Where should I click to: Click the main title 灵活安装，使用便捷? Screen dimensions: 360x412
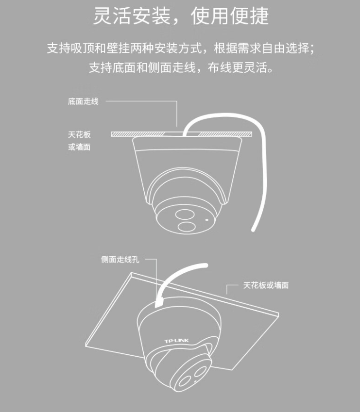(x=181, y=16)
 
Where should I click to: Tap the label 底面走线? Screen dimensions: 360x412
(x=83, y=101)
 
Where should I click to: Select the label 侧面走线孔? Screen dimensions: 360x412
(x=120, y=260)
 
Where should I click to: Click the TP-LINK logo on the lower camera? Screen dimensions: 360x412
(x=177, y=341)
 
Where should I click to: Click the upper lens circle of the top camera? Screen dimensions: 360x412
(x=185, y=214)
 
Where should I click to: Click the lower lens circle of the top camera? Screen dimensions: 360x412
(x=187, y=227)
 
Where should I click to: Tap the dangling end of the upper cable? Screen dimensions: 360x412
(x=253, y=230)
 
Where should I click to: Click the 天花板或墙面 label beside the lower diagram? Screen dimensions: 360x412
(x=266, y=285)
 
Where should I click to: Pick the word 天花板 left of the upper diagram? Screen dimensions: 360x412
(x=79, y=135)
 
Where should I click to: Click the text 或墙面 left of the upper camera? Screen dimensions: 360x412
(x=79, y=147)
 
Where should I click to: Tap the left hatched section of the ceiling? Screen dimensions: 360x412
(x=137, y=134)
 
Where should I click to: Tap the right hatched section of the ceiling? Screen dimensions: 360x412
(x=225, y=134)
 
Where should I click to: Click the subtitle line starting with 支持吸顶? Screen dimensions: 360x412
(x=180, y=49)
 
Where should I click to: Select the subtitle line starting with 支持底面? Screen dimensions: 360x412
(x=181, y=67)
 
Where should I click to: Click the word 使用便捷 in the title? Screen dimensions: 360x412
(x=230, y=16)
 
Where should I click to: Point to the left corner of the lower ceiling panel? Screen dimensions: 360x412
(x=86, y=346)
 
